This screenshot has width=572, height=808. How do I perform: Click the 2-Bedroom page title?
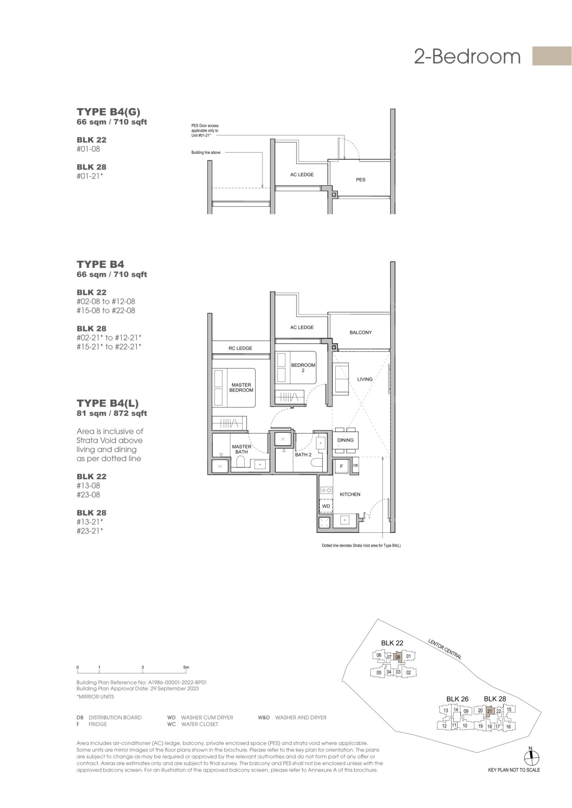(467, 57)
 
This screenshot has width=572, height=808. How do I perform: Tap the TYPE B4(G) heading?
(108, 112)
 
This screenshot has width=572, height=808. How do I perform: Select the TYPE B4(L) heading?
(108, 403)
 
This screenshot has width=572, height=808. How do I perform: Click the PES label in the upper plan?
(360, 180)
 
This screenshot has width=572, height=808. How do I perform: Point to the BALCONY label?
(360, 332)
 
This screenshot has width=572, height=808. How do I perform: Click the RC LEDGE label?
(240, 348)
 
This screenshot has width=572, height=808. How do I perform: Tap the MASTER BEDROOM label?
(242, 387)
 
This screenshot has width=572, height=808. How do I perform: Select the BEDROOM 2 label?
(303, 368)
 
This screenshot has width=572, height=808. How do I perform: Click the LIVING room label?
(364, 379)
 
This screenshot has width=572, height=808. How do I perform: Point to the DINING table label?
(345, 440)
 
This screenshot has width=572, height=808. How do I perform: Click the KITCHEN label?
(350, 494)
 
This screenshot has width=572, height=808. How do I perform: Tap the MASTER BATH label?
(242, 449)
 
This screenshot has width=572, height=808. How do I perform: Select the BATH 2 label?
(303, 455)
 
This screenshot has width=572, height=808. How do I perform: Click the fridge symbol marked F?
(341, 466)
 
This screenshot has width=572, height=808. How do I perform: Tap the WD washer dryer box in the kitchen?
(326, 506)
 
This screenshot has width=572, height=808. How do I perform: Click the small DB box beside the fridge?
(356, 465)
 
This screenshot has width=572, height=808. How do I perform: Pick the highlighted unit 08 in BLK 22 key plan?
(398, 657)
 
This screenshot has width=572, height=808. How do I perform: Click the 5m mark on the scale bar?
(186, 667)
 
